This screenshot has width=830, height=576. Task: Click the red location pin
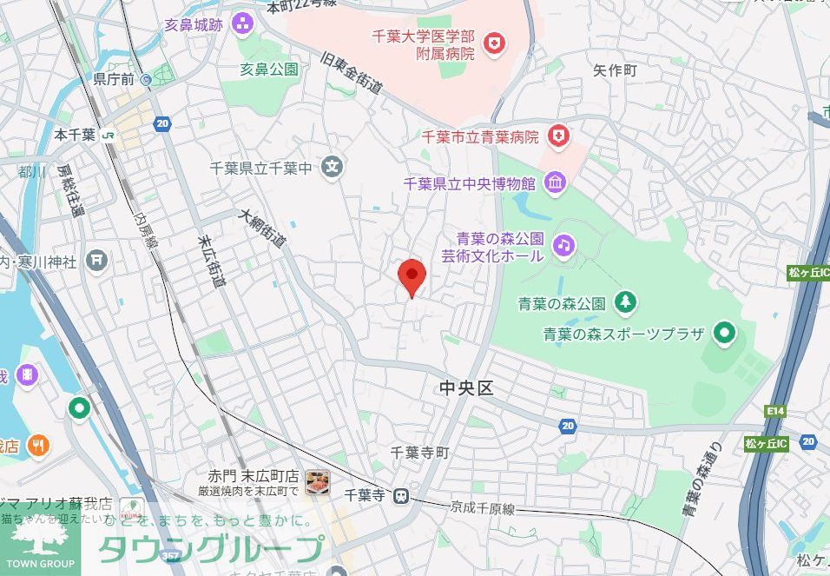(412, 275)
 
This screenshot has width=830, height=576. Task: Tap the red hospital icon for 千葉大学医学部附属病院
(494, 42)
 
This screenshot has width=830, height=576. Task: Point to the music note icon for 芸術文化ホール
(564, 246)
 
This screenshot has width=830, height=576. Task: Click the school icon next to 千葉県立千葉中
(332, 167)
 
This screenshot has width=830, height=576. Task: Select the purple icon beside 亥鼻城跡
(242, 23)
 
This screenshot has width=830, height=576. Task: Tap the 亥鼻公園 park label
(269, 69)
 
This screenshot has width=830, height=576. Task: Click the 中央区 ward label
(466, 388)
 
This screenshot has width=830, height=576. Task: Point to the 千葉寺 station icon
(400, 496)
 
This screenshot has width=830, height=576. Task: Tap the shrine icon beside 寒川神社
(97, 260)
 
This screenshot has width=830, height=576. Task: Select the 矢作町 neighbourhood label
(615, 70)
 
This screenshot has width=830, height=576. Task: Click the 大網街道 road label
(264, 228)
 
